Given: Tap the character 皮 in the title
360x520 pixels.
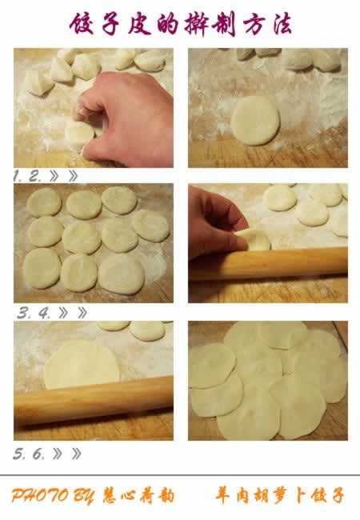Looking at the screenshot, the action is click(140, 24).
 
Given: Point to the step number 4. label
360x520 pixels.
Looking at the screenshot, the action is click(44, 313).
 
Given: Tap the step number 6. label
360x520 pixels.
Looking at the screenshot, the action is click(38, 454).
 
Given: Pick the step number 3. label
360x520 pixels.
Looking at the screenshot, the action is click(23, 313).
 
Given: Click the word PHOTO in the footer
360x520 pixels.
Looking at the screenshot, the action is click(40, 495).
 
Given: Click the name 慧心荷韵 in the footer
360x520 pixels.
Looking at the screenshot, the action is click(138, 495).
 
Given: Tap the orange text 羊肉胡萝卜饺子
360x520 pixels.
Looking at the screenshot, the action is click(279, 495).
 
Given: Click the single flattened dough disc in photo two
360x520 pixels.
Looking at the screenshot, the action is click(255, 121).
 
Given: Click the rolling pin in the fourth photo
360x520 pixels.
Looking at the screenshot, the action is click(268, 263).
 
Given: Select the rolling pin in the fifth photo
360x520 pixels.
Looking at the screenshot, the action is click(93, 400).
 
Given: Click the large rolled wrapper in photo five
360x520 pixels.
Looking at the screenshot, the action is click(82, 365).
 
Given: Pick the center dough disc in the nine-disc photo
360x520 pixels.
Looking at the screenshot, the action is click(82, 237).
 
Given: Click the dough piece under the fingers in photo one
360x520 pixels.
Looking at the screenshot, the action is click(79, 135).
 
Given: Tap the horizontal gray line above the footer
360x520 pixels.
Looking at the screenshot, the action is click(180, 475).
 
